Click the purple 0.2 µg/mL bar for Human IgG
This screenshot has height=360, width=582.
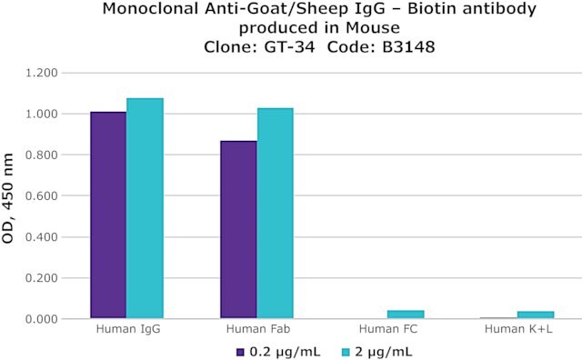[x=108, y=215]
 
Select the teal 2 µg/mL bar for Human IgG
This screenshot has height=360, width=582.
[x=145, y=208]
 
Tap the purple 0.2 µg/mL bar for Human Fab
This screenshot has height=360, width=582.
[x=238, y=229]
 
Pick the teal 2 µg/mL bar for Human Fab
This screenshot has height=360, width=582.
[x=275, y=213]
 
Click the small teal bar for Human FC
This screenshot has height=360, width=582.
[x=406, y=315]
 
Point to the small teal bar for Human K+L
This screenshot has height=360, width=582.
[x=536, y=315]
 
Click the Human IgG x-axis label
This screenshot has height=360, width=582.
[x=128, y=329]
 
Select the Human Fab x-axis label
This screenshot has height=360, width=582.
[x=258, y=329]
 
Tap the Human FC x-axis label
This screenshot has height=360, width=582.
[x=388, y=329]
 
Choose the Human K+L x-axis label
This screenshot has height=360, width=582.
[x=518, y=329]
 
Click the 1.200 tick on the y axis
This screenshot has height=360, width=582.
[x=42, y=73]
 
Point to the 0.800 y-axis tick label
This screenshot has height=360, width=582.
[x=42, y=155]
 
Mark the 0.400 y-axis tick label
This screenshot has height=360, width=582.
[x=42, y=236]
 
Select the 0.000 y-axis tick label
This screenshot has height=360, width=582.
[x=42, y=319]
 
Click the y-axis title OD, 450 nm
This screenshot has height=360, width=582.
[x=7, y=198]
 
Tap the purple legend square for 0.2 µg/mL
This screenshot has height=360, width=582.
[x=240, y=352]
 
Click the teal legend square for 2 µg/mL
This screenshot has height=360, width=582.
[x=346, y=352]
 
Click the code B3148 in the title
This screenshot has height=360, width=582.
[x=408, y=47]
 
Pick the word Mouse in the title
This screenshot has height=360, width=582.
[x=373, y=28]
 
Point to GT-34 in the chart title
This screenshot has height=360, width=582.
[x=289, y=47]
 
